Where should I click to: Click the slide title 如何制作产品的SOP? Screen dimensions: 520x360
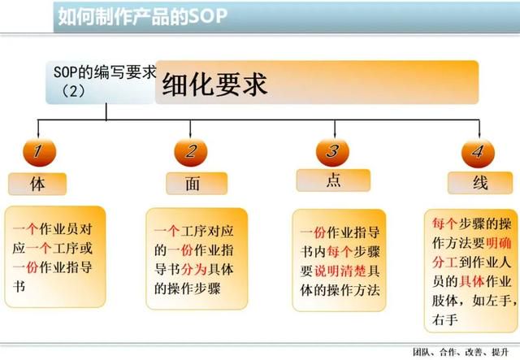pyautogui.click(x=143, y=16)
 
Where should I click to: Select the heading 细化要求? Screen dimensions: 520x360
pyautogui.click(x=214, y=85)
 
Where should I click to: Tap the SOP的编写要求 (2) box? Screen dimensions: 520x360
pyautogui.click(x=101, y=82)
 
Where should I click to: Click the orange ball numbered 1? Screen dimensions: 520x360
pyautogui.click(x=40, y=152)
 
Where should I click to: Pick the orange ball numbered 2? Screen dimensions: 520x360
pyautogui.click(x=191, y=152)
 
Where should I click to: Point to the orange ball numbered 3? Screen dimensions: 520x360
pyautogui.click(x=332, y=152)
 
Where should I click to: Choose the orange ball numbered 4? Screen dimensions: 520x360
pyautogui.click(x=478, y=153)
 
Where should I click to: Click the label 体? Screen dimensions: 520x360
pyautogui.click(x=37, y=184)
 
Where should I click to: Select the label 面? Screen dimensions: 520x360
pyautogui.click(x=197, y=184)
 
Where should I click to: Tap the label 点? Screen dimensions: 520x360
pyautogui.click(x=333, y=180)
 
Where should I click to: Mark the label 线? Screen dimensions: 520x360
pyautogui.click(x=480, y=183)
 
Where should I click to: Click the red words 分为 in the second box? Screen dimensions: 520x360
pyautogui.click(x=194, y=269)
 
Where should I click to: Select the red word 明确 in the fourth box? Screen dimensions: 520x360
pyautogui.click(x=498, y=243)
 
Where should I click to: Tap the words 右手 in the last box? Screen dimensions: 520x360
pyautogui.click(x=445, y=320)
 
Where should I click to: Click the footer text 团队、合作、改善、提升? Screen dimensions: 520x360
pyautogui.click(x=461, y=352)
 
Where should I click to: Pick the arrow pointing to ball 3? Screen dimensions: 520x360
pyautogui.click(x=335, y=129)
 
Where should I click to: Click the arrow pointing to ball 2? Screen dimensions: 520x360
pyautogui.click(x=190, y=129)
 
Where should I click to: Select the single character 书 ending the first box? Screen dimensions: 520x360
pyautogui.click(x=19, y=286)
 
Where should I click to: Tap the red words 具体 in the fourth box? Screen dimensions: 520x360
pyautogui.click(x=472, y=281)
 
